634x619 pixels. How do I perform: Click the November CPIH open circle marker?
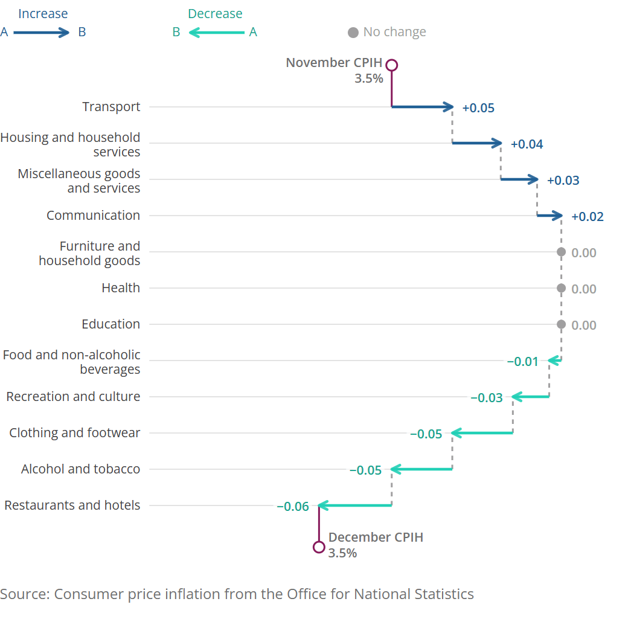(x=392, y=65)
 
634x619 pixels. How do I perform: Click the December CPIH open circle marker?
(x=319, y=547)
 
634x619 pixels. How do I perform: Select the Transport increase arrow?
(x=423, y=107)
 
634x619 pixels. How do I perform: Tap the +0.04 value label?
(x=527, y=144)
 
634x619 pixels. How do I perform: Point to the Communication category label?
(x=93, y=216)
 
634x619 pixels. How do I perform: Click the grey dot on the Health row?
(x=561, y=289)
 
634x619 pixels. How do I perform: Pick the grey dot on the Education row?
(x=561, y=325)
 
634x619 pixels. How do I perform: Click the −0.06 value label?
(x=292, y=507)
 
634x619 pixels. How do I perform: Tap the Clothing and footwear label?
(x=74, y=433)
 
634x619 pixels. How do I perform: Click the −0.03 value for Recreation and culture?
(x=486, y=398)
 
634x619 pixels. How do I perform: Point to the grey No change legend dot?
(x=353, y=33)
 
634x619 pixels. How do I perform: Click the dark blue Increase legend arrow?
(x=42, y=33)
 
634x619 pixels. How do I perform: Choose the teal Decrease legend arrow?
(x=217, y=33)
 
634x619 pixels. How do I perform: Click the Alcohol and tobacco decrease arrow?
(x=421, y=469)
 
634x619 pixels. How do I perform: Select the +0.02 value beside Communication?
(x=587, y=217)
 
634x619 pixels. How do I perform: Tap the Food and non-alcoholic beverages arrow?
(x=555, y=361)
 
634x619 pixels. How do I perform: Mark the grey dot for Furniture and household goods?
(x=561, y=252)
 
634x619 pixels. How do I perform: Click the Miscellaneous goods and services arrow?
(x=519, y=179)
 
